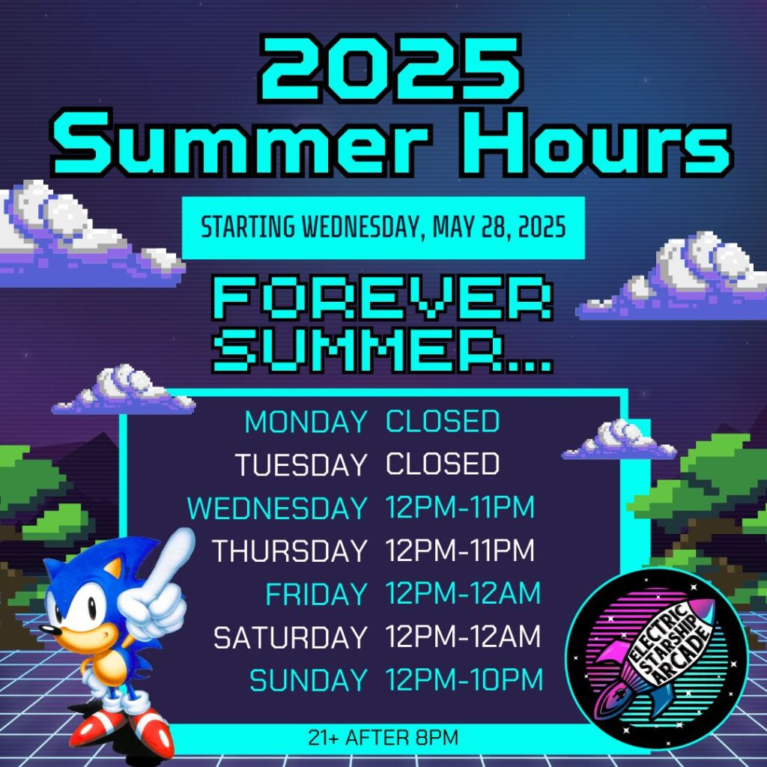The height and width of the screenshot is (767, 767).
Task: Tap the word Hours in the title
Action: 595,142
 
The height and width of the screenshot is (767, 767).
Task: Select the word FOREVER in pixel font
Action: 383,297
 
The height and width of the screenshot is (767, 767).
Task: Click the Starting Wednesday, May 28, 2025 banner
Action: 383,228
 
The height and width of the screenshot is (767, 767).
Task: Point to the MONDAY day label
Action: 306,422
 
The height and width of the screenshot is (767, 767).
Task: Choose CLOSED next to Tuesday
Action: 443,464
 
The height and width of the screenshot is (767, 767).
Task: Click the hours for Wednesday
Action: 460,507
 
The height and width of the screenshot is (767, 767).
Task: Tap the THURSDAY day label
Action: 290,551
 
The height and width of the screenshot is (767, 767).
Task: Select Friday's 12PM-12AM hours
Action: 463,593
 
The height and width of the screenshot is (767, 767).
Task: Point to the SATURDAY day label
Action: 291,637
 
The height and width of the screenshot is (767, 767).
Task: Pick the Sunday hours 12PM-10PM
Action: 464,679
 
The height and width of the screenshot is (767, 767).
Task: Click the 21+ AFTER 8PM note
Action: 383,738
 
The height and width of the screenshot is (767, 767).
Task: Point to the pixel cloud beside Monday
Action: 124,390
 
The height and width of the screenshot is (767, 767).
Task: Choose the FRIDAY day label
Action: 317,594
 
